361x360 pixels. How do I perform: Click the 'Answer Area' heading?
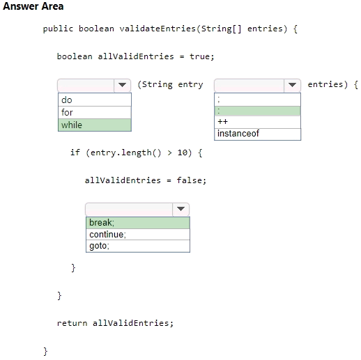click(33, 6)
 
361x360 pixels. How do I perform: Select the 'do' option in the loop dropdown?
click(95, 100)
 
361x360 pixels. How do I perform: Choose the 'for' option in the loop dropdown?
click(95, 113)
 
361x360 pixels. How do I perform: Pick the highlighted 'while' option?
click(95, 125)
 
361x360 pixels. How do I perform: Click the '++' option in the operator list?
click(257, 122)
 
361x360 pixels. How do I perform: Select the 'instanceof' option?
click(257, 134)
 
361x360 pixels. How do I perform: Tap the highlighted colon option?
click(257, 111)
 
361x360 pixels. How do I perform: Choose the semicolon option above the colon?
click(257, 100)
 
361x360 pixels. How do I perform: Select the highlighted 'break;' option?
click(138, 223)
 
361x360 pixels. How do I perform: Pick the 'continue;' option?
click(138, 235)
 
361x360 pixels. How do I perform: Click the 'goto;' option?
click(138, 246)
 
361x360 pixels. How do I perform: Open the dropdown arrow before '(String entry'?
click(122, 85)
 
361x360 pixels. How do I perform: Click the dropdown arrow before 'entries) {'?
click(292, 85)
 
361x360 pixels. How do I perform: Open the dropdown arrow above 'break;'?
click(180, 209)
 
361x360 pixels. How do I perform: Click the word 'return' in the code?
click(72, 323)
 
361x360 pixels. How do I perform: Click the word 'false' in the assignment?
click(189, 180)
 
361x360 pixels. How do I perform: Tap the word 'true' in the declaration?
click(199, 56)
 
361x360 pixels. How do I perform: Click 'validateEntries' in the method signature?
click(158, 29)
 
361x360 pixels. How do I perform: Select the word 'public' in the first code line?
click(58, 29)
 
